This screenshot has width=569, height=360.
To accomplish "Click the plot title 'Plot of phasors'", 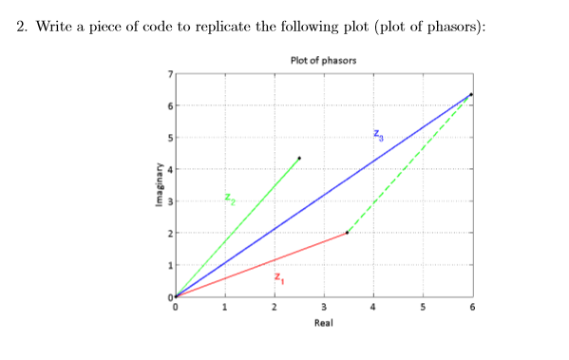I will pos(324,62).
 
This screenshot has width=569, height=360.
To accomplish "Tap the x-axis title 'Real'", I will pos(323,323).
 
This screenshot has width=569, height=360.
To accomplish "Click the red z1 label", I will pos(278,278).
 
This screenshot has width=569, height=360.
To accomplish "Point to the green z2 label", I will pos(229,199).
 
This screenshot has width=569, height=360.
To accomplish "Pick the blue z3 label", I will pos(378,134).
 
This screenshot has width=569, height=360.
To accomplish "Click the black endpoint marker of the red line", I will pos(347,233).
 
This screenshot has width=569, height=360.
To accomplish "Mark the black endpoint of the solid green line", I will pos(299,158).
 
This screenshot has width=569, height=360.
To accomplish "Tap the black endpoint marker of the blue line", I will pos(470,95).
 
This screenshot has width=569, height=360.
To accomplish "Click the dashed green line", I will pos(408,163).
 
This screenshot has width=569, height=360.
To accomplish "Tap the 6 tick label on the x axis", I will pos(471,307).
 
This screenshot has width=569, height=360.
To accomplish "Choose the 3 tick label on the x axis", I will pos(323,307).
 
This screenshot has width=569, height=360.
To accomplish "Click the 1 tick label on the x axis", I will pos(224,307).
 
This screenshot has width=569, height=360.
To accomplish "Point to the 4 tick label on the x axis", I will pos(372,307).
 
